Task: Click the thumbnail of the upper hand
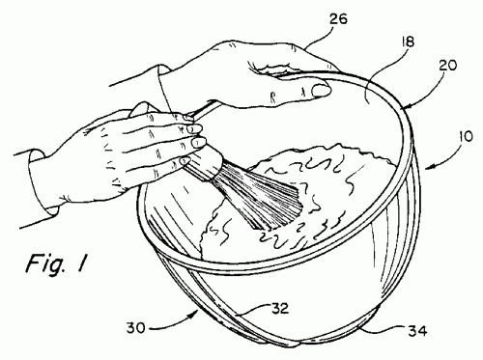(x=319, y=91)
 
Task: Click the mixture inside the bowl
(x=319, y=183)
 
